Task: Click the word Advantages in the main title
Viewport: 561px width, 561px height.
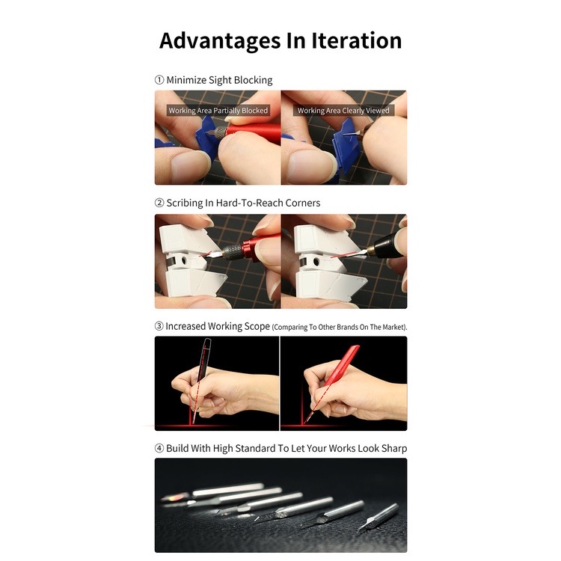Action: click(220, 41)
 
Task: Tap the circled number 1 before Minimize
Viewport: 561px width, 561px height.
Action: click(159, 80)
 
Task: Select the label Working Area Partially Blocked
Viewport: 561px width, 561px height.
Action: click(218, 111)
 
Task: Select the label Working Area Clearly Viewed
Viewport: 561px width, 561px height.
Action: click(343, 111)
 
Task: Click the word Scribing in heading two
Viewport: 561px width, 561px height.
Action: click(185, 203)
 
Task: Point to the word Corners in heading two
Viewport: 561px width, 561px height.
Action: click(303, 203)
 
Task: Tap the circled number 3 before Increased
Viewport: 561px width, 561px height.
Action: click(159, 326)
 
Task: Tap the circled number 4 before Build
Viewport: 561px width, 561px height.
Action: click(159, 448)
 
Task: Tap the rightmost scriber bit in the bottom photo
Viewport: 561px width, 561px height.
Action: click(378, 517)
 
